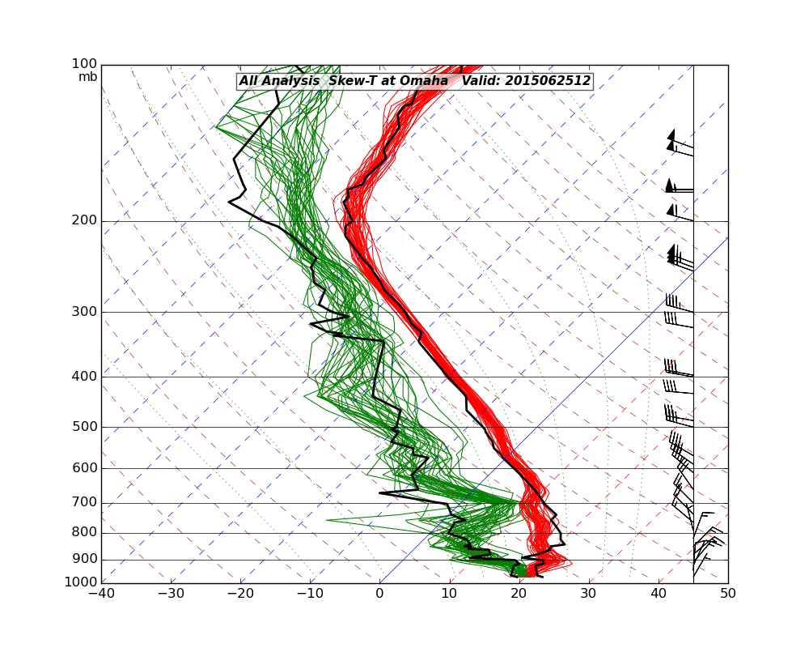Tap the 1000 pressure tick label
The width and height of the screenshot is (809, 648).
pyautogui.click(x=83, y=583)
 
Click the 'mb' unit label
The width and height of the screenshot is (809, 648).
pyautogui.click(x=87, y=77)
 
